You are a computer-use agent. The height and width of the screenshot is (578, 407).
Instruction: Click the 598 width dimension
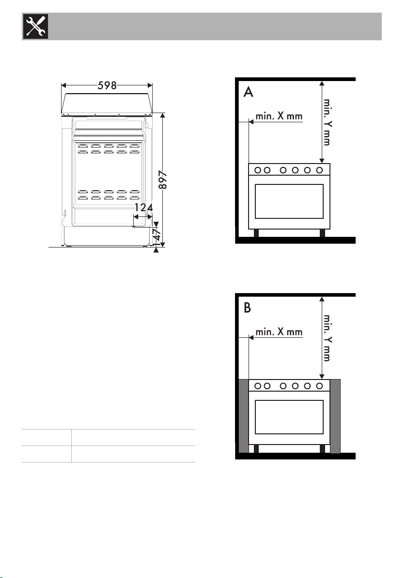click(x=107, y=85)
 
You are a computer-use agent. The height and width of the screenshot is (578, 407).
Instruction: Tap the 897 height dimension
click(x=163, y=180)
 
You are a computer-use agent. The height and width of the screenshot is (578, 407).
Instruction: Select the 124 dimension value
click(x=143, y=208)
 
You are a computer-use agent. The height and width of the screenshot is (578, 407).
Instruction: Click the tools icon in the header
click(x=36, y=26)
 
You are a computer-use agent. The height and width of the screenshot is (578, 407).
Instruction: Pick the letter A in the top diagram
click(x=249, y=92)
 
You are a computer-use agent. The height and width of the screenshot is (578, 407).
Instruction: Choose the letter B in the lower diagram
click(x=247, y=307)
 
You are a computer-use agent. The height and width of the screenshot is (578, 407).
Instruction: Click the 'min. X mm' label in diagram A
click(x=279, y=116)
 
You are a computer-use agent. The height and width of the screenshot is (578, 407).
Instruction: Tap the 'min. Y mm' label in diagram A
click(x=327, y=122)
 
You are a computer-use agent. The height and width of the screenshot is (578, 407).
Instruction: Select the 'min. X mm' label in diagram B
click(x=279, y=332)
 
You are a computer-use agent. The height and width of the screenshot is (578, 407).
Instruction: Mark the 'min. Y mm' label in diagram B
click(x=327, y=337)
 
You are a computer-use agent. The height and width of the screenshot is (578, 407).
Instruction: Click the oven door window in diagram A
click(x=289, y=201)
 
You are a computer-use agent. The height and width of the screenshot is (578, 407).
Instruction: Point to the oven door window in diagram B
click(x=289, y=417)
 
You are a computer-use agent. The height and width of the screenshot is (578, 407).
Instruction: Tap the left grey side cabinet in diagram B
click(x=244, y=416)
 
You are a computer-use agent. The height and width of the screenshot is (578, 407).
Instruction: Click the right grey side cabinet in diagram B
click(x=335, y=416)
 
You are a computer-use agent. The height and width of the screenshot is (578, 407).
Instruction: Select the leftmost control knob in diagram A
click(x=258, y=170)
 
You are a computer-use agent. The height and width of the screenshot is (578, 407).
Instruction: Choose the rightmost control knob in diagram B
click(x=319, y=386)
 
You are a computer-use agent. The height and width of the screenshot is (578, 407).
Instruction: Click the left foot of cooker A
click(x=256, y=233)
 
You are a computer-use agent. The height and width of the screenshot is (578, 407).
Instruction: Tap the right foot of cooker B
click(x=322, y=448)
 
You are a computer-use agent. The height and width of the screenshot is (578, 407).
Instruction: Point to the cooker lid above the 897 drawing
click(x=107, y=103)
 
